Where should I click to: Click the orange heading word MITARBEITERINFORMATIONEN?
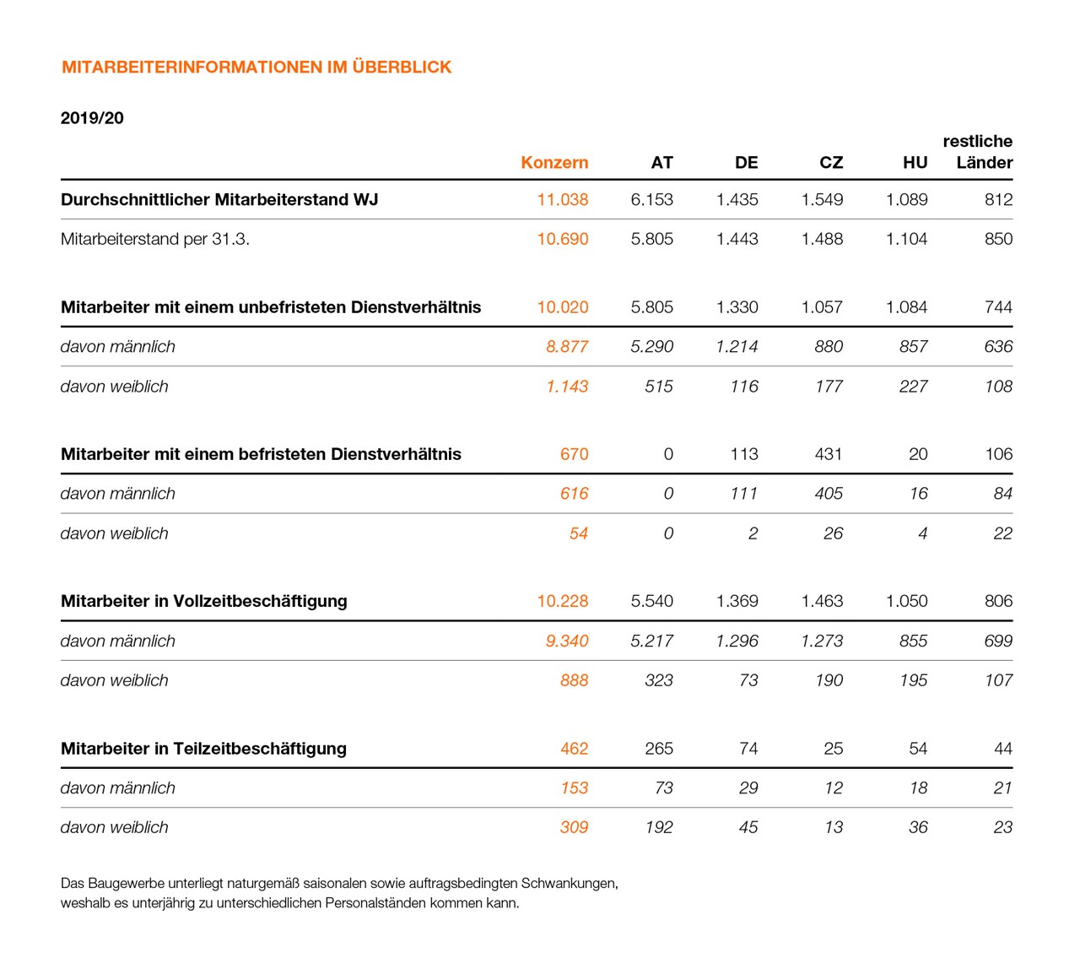point(192,68)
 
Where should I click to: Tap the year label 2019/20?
point(92,118)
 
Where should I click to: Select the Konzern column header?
point(554,163)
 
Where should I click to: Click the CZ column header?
point(830,163)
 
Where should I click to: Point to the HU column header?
point(915,163)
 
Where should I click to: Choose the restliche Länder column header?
point(979,152)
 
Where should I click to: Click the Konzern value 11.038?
point(562,200)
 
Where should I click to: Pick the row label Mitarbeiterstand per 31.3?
point(155,239)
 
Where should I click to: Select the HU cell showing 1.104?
point(906,239)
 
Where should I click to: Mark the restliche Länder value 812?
point(998,200)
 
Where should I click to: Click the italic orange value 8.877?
point(566,347)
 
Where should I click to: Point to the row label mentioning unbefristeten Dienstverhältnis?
point(271,307)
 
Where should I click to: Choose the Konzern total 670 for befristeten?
point(574,454)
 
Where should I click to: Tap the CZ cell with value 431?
point(828,454)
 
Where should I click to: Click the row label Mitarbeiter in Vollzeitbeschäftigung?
point(204,601)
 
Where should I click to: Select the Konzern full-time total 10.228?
point(562,601)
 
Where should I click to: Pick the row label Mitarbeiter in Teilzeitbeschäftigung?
point(203,749)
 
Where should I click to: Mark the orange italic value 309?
point(574,828)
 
